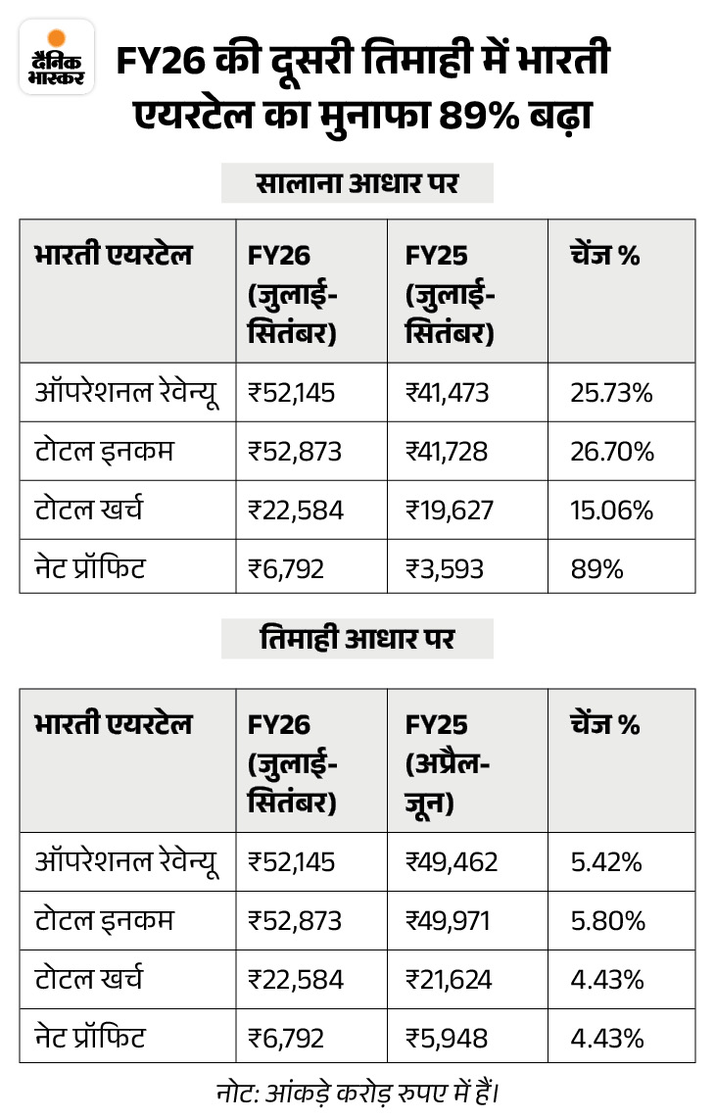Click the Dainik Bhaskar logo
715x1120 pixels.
coord(56,56)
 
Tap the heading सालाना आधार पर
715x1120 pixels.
coord(357,182)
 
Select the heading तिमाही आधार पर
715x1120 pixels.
coord(357,639)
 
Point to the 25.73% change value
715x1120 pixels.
coord(611,393)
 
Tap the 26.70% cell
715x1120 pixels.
coord(611,452)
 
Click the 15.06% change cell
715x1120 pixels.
coord(611,511)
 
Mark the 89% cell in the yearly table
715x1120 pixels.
coord(596,568)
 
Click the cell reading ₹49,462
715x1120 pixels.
coord(452,862)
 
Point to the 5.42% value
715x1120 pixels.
coord(606,862)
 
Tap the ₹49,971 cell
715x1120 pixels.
coord(449,921)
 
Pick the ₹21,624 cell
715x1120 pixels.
coord(449,979)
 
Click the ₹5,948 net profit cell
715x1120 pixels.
coord(447,1038)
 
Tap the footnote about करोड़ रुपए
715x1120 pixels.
coord(357,1091)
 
